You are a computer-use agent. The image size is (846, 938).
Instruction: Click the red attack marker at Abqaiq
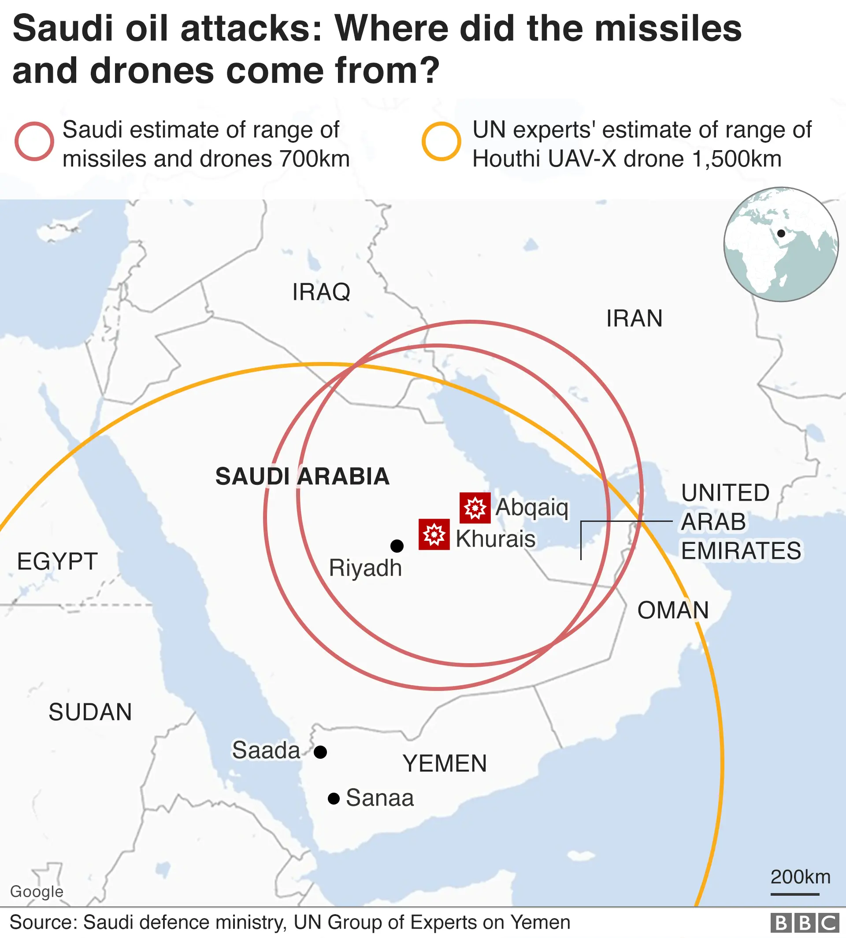tap(475, 508)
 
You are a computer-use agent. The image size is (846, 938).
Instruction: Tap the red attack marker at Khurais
tap(434, 534)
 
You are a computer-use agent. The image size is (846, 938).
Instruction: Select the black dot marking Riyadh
tap(397, 546)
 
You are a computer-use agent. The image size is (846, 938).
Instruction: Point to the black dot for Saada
tap(320, 752)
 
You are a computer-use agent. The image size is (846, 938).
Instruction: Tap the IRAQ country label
tap(321, 292)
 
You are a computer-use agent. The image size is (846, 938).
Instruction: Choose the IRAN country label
tap(634, 319)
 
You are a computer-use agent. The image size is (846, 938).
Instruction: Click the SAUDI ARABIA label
tap(302, 476)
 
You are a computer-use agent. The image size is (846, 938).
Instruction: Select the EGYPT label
tap(57, 561)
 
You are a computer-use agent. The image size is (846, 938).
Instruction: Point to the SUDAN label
tap(90, 712)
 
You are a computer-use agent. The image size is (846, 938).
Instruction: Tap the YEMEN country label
tap(445, 764)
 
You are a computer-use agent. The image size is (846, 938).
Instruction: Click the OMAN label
tap(673, 610)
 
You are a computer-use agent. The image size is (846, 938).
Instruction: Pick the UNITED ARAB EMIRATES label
tap(741, 522)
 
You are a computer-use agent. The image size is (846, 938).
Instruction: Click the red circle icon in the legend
tap(34, 141)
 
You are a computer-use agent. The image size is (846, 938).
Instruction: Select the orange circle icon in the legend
tap(441, 141)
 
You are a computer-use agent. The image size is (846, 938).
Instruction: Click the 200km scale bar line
tap(794, 894)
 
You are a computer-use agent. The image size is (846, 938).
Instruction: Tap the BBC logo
tap(805, 923)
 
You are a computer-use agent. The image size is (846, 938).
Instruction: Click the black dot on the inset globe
tap(781, 233)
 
